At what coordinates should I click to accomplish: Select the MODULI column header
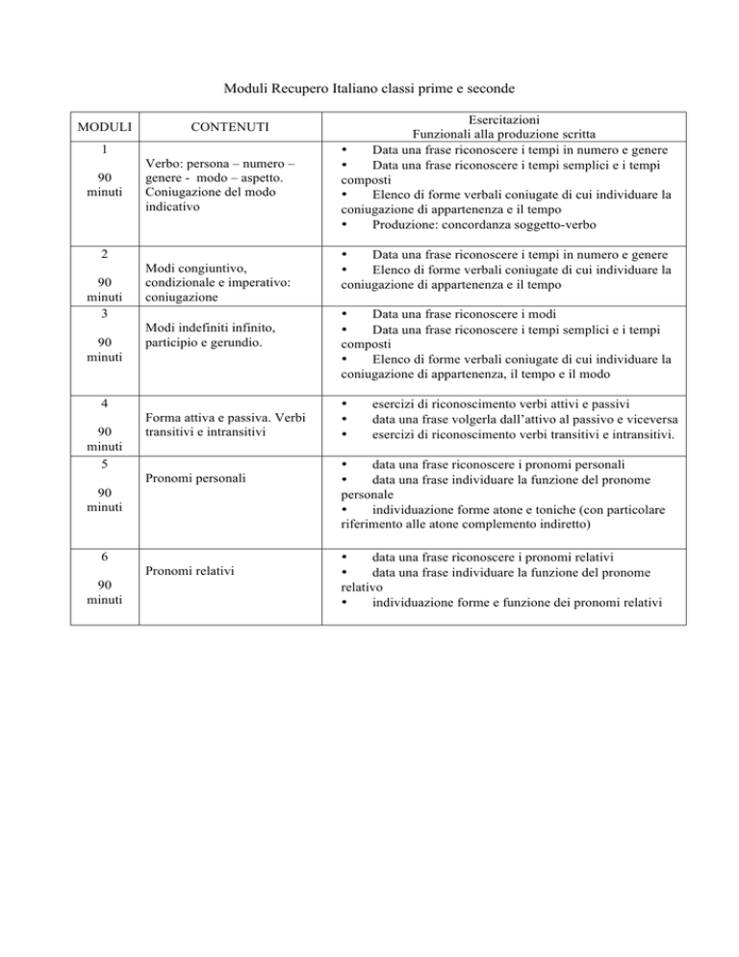tap(104, 126)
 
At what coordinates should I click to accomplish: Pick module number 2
tap(104, 256)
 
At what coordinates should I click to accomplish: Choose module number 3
tap(104, 313)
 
